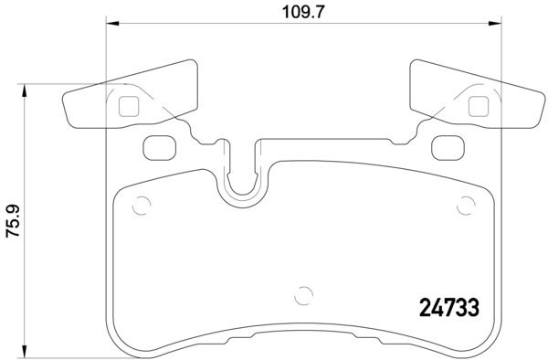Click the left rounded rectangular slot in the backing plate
tap(159, 145)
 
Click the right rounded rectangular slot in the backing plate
tap(446, 145)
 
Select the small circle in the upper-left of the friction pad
tap(139, 205)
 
